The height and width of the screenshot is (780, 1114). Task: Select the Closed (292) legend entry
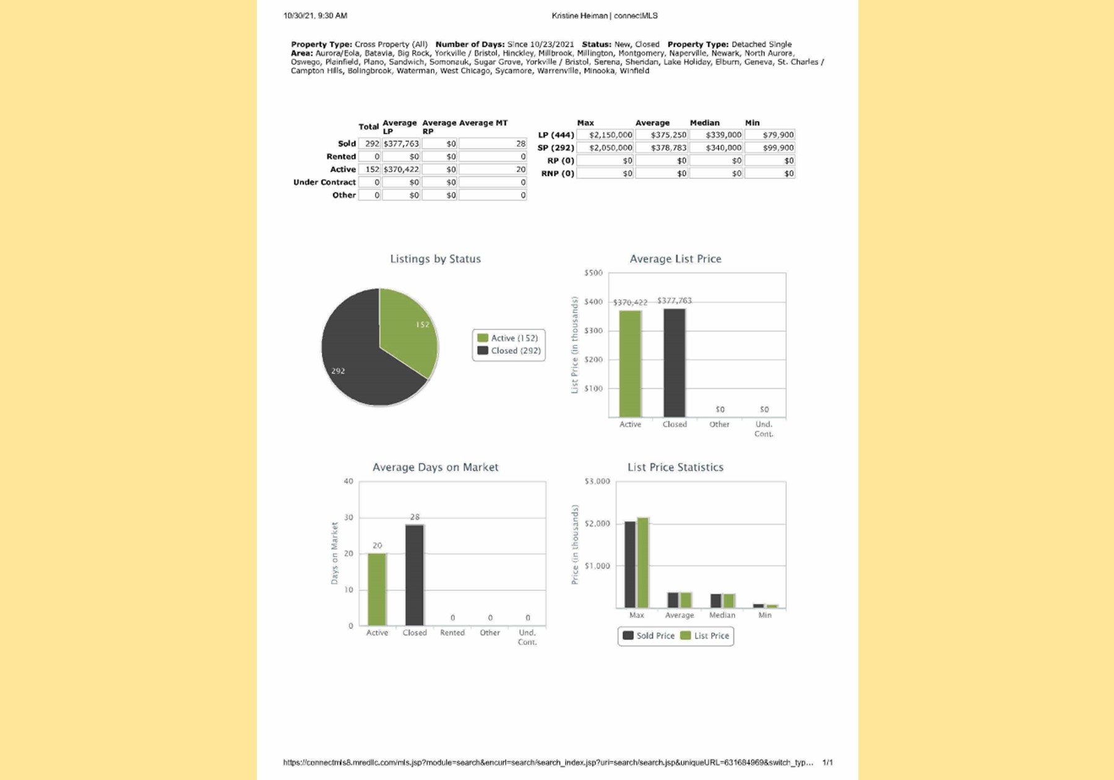[x=509, y=351]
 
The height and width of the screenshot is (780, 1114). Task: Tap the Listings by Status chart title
[x=435, y=259]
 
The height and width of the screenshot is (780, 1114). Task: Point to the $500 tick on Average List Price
[x=593, y=273]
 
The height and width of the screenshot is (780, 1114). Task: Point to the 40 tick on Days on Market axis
[x=348, y=482]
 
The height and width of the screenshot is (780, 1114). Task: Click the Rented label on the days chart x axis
[x=452, y=633]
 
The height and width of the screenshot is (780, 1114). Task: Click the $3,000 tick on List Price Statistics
[x=597, y=482]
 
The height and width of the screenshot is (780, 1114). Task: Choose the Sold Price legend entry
[x=649, y=636]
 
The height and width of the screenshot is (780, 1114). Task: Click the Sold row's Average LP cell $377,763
[x=401, y=144]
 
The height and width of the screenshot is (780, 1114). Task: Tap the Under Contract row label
[x=324, y=182]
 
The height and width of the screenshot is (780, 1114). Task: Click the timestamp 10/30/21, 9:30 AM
[x=315, y=15]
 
